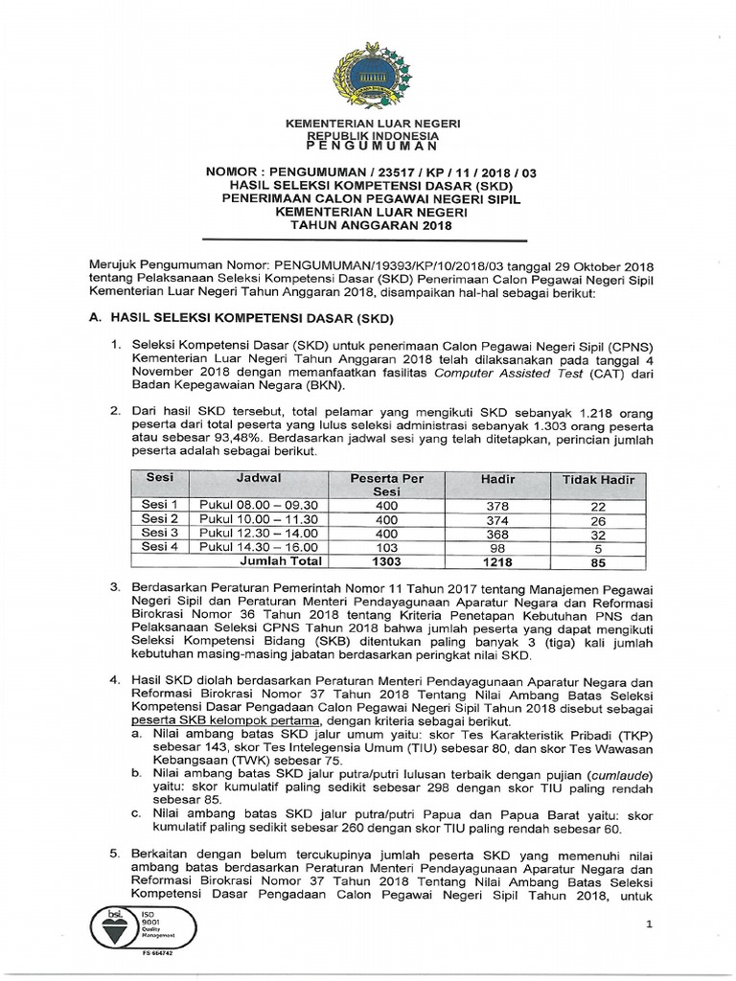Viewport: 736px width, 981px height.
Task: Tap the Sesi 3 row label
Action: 160,533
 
